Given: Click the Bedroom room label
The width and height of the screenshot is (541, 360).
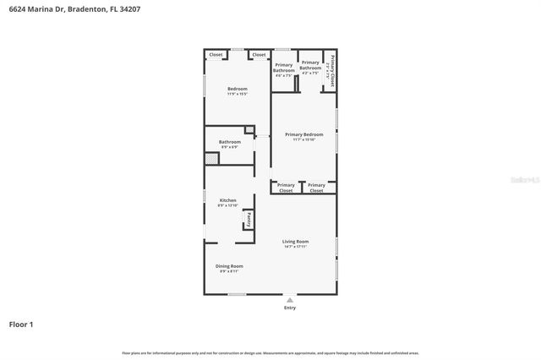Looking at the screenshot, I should [237, 89].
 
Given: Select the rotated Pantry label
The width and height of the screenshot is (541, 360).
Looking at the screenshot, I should [249, 219].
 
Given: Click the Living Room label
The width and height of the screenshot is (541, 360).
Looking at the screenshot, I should [295, 241].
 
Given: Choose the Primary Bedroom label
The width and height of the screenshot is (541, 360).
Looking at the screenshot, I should [303, 134].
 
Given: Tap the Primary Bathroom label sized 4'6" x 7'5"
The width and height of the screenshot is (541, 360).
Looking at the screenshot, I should [283, 68].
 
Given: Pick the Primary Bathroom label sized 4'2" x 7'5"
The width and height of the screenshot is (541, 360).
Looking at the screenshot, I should [310, 64].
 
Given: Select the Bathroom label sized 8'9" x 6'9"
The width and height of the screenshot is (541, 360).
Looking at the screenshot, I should [229, 142].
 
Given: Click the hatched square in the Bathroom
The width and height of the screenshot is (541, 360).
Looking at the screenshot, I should [211, 158].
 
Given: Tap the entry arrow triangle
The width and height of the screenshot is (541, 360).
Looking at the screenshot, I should [290, 299].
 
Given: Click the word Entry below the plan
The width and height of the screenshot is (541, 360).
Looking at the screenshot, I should [290, 308].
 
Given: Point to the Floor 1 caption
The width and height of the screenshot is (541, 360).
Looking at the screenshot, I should [21, 324].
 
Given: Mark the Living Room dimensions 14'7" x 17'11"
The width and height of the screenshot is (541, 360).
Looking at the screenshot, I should [295, 246].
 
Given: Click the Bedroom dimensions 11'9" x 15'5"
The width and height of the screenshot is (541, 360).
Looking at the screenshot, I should [237, 94].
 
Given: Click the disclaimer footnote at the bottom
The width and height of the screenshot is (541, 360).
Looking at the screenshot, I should [270, 352].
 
